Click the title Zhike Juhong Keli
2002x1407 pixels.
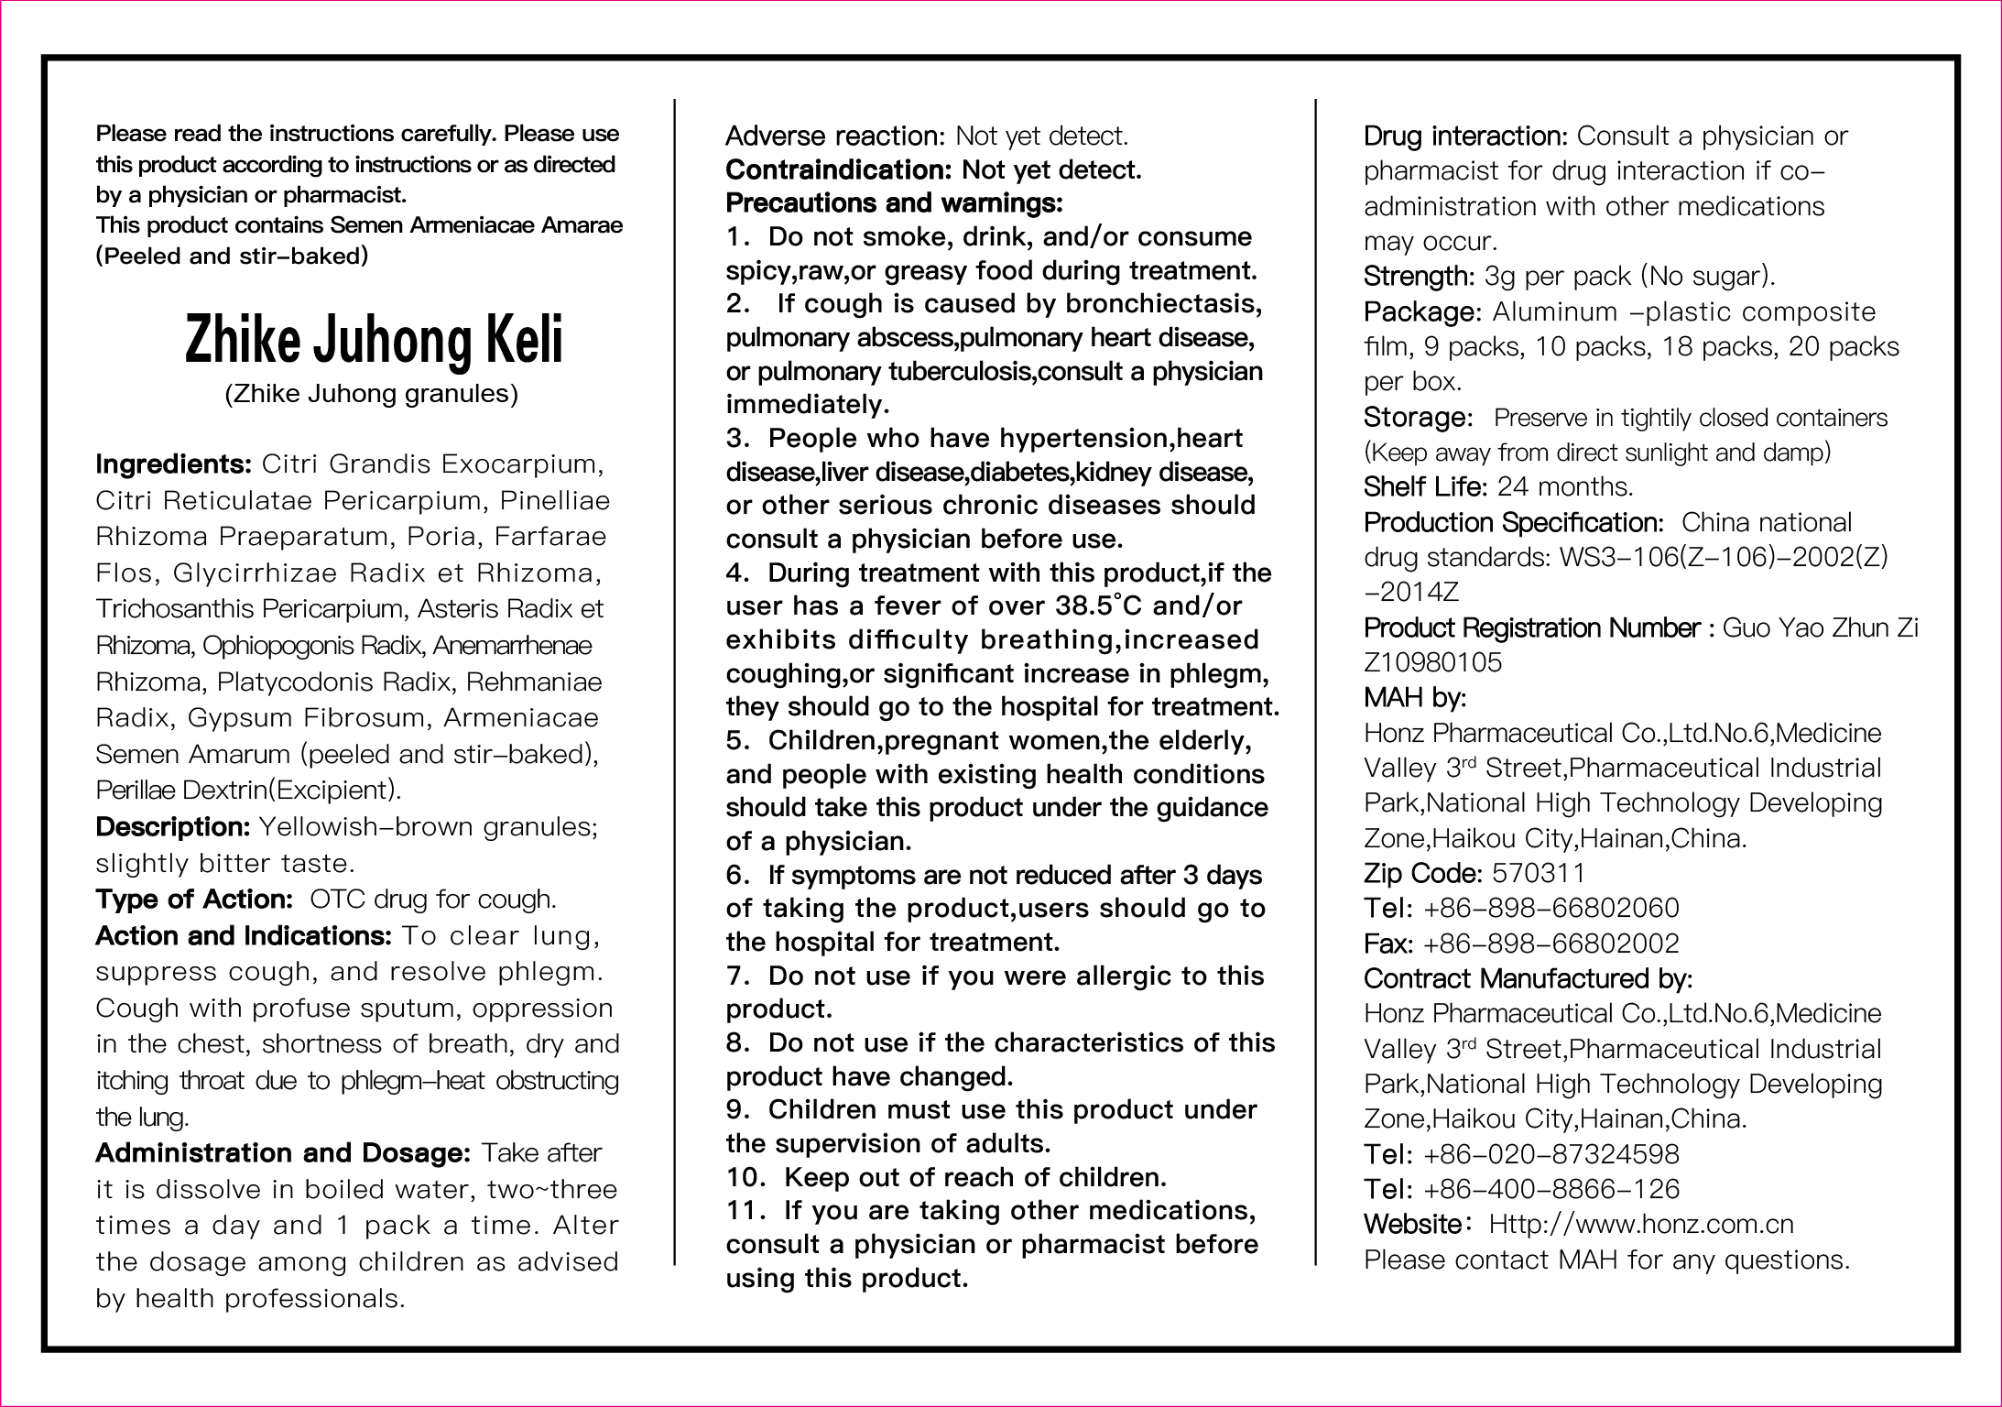click(374, 340)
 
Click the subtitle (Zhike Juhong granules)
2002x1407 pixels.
click(372, 394)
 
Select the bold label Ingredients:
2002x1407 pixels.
click(173, 464)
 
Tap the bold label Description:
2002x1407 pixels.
click(172, 827)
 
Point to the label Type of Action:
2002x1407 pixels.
click(193, 900)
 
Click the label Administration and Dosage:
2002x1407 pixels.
click(283, 1153)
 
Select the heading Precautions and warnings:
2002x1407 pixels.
click(894, 202)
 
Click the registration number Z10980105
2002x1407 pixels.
click(1432, 663)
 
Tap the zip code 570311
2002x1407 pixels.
click(1539, 873)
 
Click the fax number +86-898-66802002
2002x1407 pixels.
click(1551, 943)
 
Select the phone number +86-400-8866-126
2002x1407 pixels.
click(1551, 1189)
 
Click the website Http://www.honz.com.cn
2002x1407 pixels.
click(1640, 1225)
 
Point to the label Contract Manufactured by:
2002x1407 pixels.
click(1528, 978)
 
